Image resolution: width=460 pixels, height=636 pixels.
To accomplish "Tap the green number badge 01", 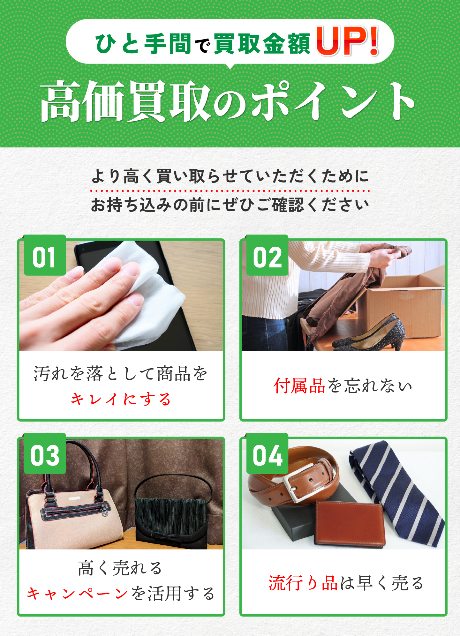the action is pyautogui.click(x=45, y=255).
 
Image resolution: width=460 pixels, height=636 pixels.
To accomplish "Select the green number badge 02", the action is pyautogui.click(x=268, y=255).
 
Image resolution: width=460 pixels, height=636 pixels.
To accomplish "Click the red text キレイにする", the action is pyautogui.click(x=121, y=399).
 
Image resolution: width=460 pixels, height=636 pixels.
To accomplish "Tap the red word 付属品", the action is pyautogui.click(x=299, y=385).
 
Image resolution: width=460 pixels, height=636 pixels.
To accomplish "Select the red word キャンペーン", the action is pyautogui.click(x=78, y=594).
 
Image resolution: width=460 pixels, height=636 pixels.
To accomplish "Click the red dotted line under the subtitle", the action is pyautogui.click(x=230, y=191).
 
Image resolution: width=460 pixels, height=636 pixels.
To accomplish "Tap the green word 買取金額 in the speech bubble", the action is pyautogui.click(x=262, y=44).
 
